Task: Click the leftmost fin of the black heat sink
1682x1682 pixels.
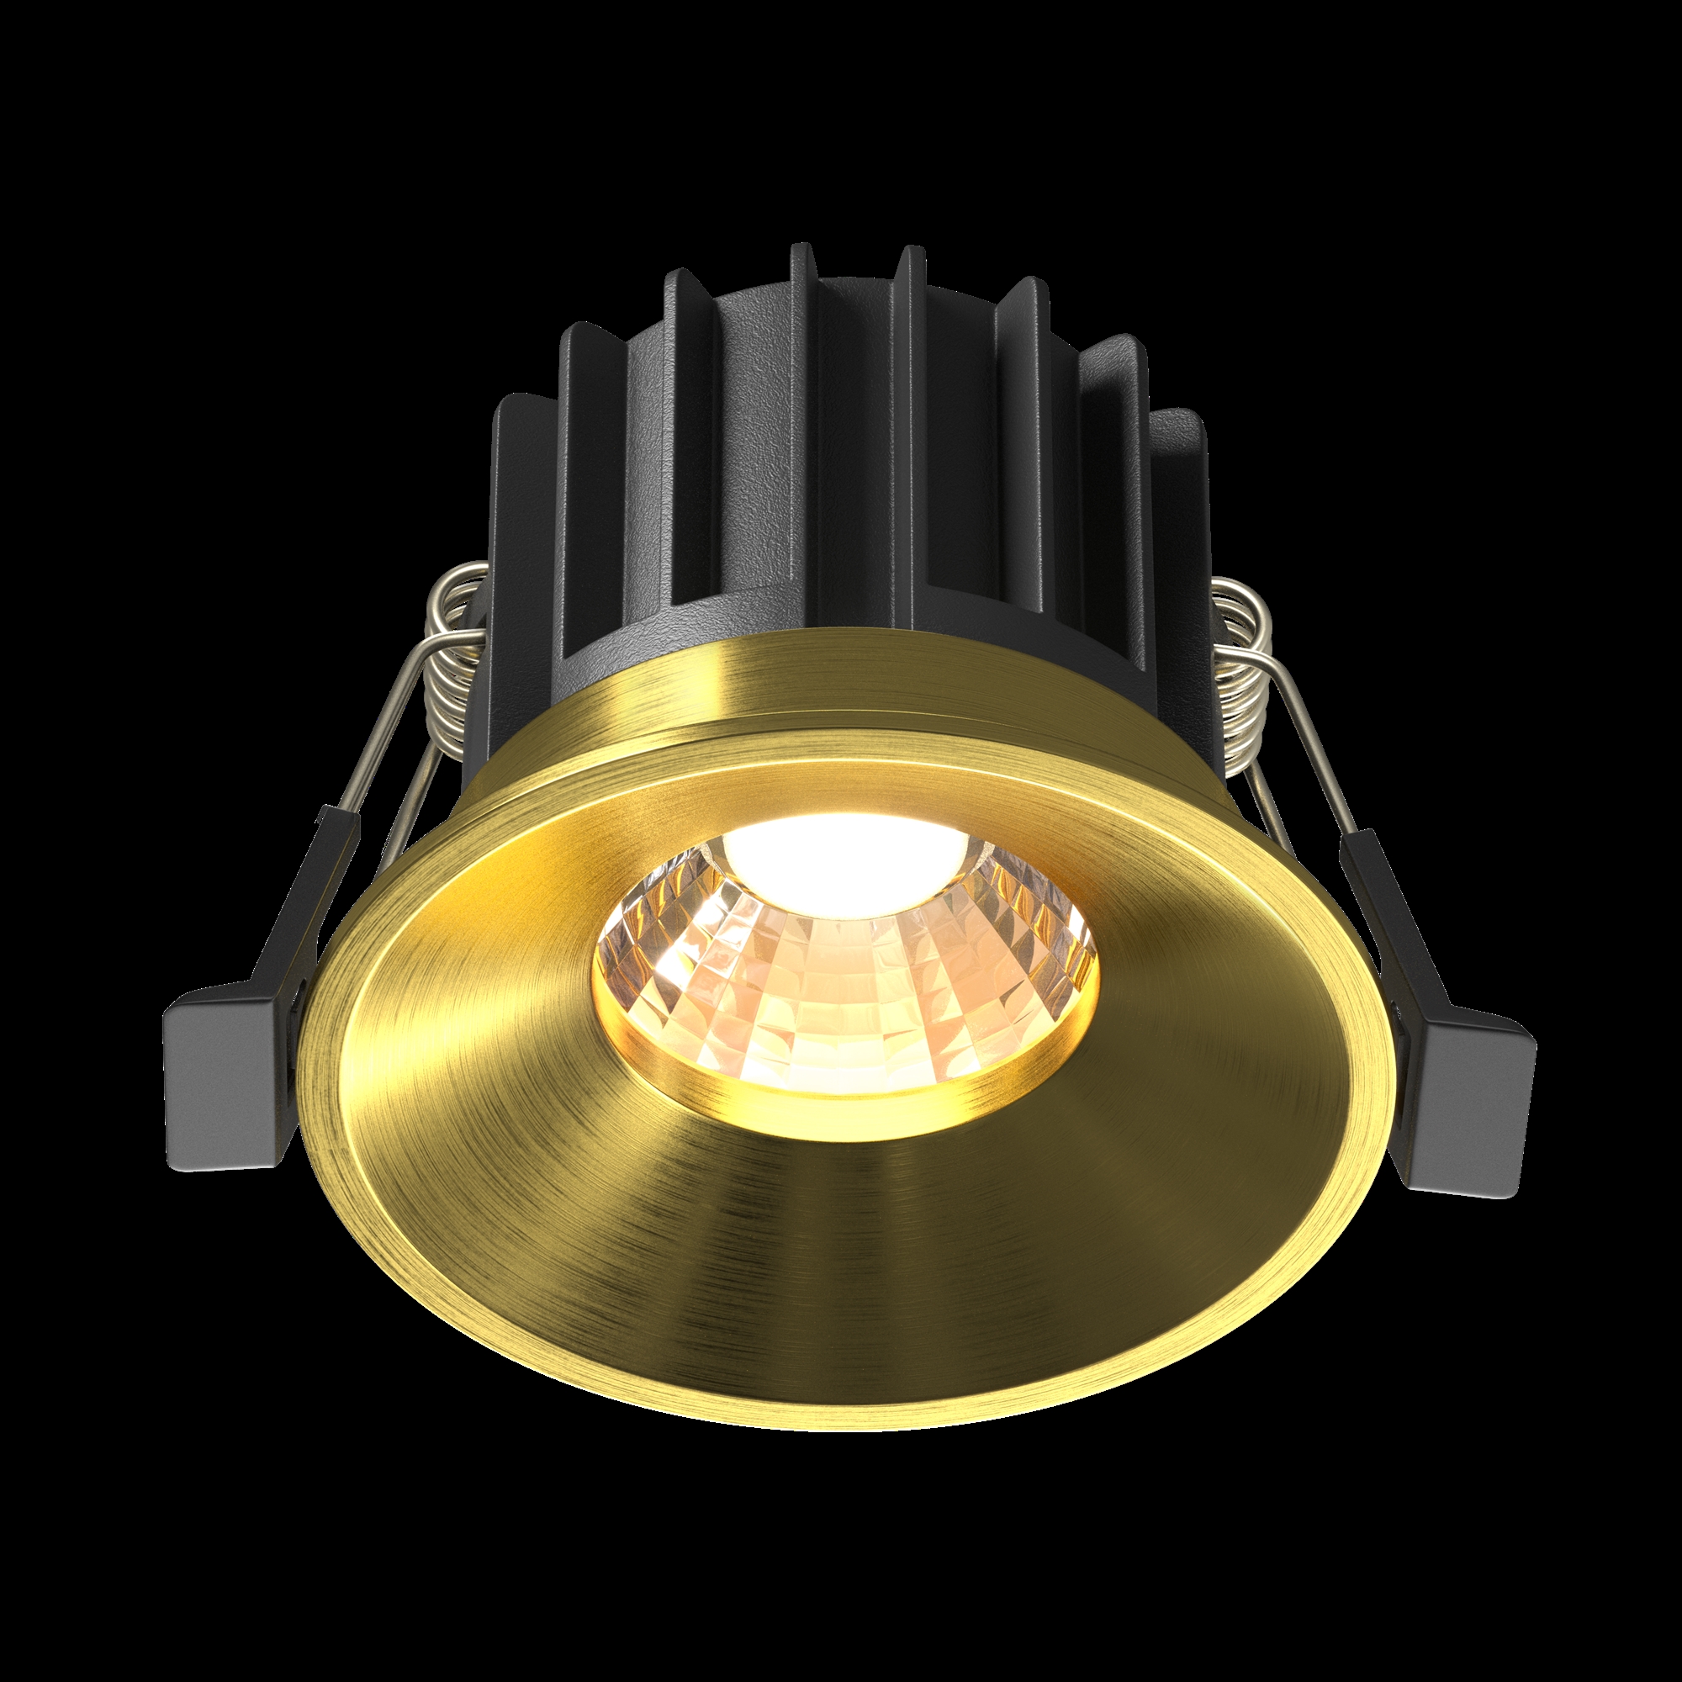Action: [514, 558]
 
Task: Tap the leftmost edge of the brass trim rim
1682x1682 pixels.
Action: [300, 1088]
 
